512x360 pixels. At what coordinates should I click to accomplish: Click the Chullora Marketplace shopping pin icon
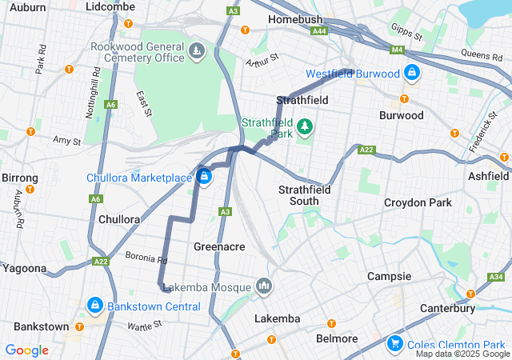tap(205, 177)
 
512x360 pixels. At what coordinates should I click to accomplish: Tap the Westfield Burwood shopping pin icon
tap(411, 73)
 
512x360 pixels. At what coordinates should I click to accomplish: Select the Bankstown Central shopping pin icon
tap(94, 306)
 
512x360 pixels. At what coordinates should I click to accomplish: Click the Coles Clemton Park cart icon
tap(394, 344)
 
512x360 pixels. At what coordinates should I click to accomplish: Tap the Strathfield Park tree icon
tap(304, 126)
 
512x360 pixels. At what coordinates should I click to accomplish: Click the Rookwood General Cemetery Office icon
tap(197, 53)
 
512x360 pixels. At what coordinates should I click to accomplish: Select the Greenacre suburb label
tap(219, 246)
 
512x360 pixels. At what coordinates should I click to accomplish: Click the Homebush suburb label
tap(295, 18)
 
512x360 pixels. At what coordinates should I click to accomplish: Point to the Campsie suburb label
tap(389, 276)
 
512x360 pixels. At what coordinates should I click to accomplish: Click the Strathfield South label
tap(304, 195)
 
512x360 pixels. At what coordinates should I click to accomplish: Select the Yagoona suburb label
tap(24, 268)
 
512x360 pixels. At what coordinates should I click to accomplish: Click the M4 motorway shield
tap(398, 50)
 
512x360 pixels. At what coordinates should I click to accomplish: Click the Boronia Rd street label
tap(146, 258)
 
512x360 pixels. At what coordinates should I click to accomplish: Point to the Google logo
tap(26, 350)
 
